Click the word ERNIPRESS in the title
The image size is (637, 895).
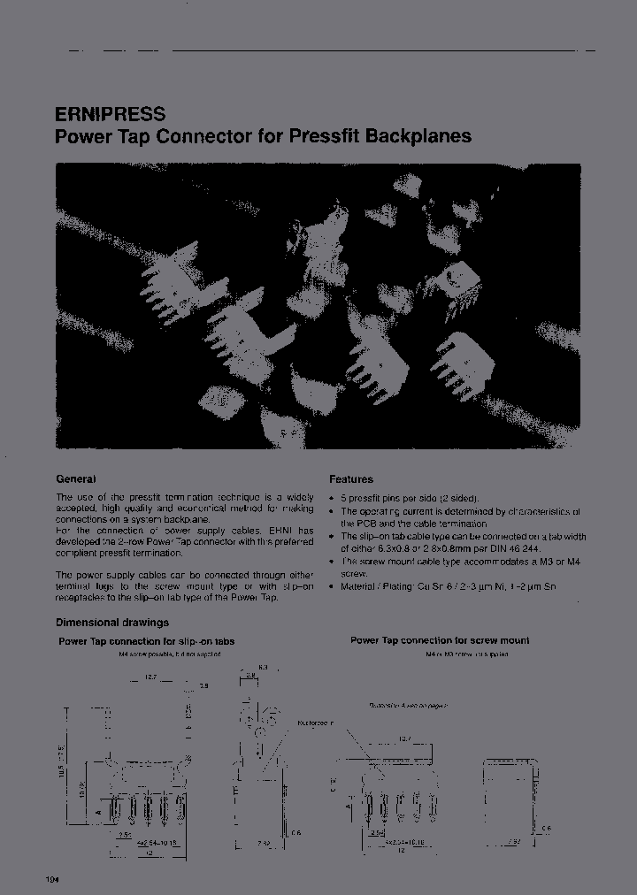111,114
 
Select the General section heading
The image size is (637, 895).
76,478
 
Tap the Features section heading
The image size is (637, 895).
351,479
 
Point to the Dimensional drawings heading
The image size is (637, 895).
112,623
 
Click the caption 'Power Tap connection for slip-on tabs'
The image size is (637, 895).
146,641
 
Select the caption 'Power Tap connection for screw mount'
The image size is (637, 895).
440,640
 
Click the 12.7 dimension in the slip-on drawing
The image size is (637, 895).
151,678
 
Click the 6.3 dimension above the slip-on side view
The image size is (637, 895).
264,667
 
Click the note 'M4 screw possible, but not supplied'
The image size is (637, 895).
169,654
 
